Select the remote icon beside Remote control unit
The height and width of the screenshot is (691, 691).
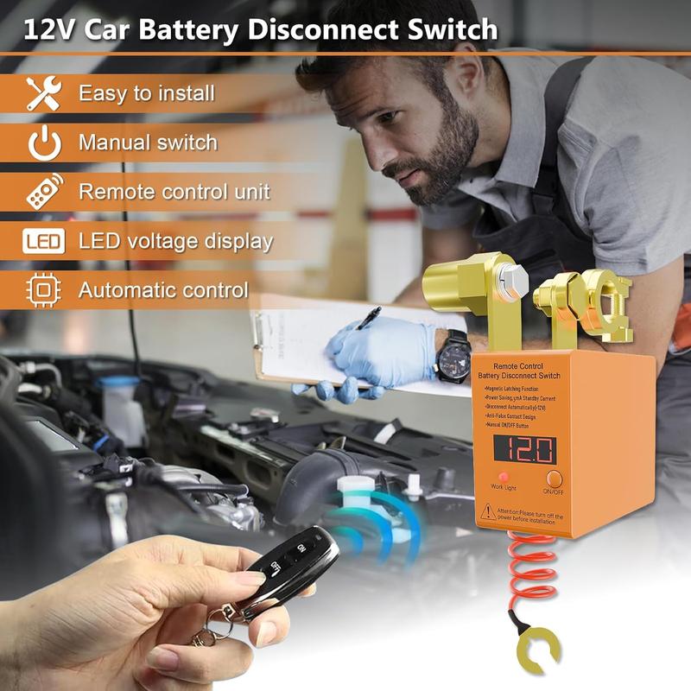[x=42, y=191]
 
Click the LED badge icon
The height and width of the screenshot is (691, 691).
[x=42, y=241]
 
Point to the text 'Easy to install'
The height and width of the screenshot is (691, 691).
[x=146, y=93]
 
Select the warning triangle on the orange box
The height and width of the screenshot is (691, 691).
[x=488, y=512]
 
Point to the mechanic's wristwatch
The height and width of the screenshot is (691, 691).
[x=453, y=354]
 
